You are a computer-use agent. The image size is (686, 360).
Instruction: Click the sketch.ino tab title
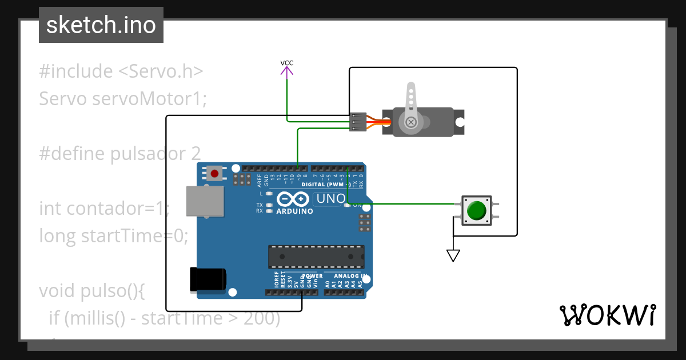click(101, 25)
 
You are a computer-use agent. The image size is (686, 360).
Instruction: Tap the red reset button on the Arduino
click(215, 173)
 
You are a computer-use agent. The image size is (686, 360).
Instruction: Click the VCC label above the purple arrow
click(287, 63)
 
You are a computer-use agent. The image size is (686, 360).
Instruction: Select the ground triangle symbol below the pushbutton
click(453, 255)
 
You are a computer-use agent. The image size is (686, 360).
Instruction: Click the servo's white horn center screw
click(410, 122)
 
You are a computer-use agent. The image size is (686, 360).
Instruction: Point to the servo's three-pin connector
click(357, 122)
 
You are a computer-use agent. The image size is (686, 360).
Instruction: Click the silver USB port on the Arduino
click(205, 201)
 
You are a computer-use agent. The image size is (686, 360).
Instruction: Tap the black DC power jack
click(207, 279)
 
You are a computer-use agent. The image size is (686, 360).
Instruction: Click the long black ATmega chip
click(316, 257)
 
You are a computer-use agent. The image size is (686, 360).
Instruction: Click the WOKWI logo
click(607, 315)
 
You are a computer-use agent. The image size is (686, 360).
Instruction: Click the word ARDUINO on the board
click(294, 211)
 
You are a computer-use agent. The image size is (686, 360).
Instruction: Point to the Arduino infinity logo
click(293, 199)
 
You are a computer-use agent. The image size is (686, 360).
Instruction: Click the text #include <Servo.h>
click(121, 71)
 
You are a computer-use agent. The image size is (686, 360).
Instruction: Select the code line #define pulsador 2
click(120, 154)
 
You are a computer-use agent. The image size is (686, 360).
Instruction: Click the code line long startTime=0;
click(113, 235)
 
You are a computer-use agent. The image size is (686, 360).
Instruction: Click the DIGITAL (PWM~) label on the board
click(325, 185)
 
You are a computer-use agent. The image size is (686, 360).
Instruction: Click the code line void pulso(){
click(92, 290)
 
